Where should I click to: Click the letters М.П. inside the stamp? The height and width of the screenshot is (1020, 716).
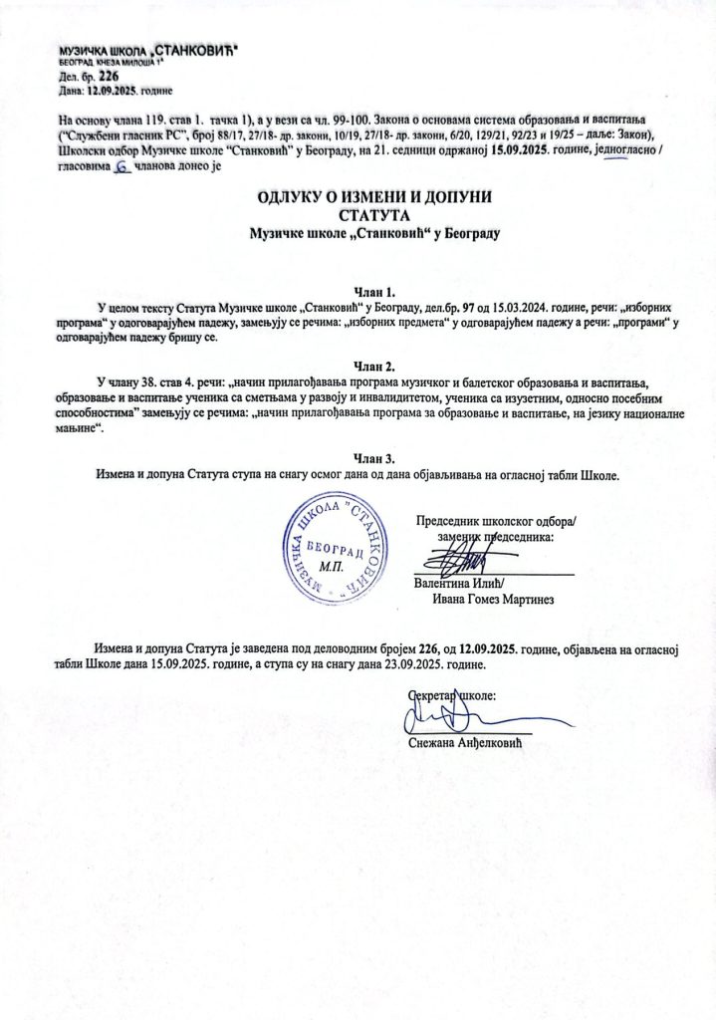[330, 564]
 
